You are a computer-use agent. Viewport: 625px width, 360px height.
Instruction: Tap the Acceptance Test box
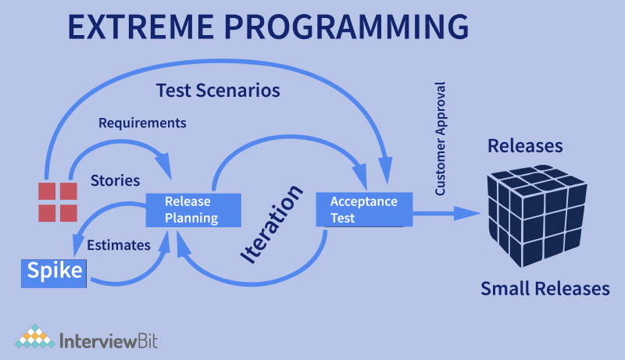click(x=363, y=210)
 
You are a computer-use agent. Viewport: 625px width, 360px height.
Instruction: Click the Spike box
click(x=53, y=271)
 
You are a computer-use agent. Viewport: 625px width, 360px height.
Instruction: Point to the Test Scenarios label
click(x=218, y=91)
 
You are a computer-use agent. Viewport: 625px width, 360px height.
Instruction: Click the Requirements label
click(x=142, y=123)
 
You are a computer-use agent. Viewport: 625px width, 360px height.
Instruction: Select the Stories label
click(x=115, y=180)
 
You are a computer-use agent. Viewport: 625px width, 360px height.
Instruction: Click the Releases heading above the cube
click(x=525, y=146)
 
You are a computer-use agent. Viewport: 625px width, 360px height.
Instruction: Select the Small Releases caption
click(x=545, y=288)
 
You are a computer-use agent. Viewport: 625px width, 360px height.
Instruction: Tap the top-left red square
click(x=48, y=191)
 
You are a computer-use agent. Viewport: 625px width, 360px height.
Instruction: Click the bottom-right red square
click(x=69, y=212)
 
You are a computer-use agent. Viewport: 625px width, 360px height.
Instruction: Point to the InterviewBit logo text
click(x=106, y=340)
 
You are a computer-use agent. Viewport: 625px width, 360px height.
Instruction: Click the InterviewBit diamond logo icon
click(x=33, y=337)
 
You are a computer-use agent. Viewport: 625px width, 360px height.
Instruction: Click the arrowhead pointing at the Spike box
click(x=77, y=249)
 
